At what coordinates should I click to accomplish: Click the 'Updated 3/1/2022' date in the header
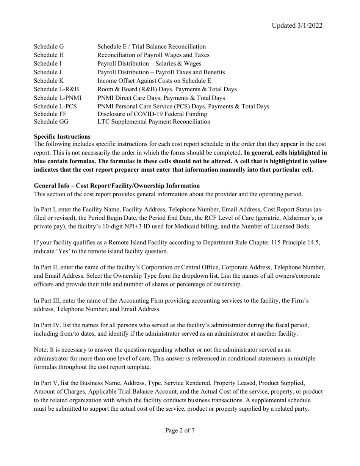(297, 25)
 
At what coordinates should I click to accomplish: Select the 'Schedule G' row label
(49, 47)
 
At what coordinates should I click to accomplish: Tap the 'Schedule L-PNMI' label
(57, 98)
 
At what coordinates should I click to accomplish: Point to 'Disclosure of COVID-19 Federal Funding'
(152, 114)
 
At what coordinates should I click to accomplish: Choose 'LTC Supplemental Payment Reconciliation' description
(153, 122)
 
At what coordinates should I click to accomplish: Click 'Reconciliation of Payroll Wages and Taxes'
(153, 55)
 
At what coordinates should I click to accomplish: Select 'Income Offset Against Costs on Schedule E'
(154, 81)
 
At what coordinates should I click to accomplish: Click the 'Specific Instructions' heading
(62, 136)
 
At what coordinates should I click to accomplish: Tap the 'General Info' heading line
(117, 186)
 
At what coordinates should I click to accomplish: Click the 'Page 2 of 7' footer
(180, 430)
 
